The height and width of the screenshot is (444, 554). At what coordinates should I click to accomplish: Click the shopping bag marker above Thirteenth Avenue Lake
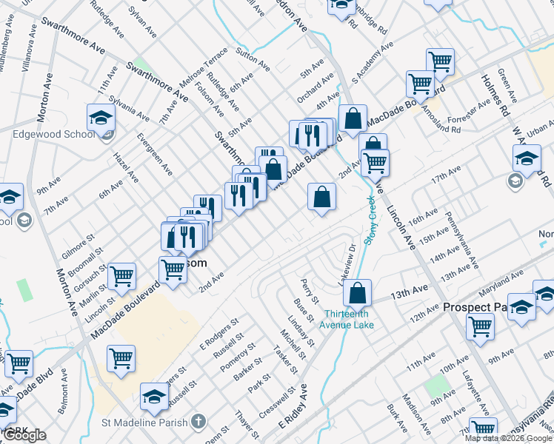click(358, 292)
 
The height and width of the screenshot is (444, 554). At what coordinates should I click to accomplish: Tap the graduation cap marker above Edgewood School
click(101, 118)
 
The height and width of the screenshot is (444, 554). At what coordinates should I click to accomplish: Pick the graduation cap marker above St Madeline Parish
click(154, 397)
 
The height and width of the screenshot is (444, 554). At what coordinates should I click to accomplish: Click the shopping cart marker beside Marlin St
click(121, 277)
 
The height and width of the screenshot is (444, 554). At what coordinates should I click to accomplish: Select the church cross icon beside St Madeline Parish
click(197, 423)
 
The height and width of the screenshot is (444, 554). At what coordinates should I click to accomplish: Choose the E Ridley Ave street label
click(293, 408)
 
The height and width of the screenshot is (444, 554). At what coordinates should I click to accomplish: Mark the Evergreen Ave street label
click(155, 153)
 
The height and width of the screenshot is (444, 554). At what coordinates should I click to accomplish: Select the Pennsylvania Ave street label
click(461, 240)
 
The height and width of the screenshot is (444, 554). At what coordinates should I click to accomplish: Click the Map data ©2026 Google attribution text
click(509, 438)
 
